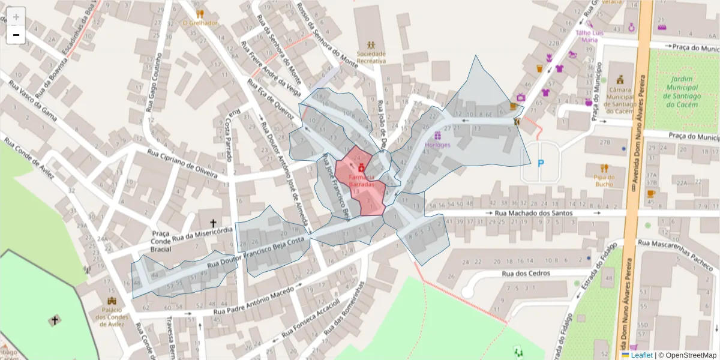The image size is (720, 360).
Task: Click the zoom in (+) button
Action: click(x=16, y=16)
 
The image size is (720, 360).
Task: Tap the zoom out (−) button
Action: click(x=16, y=35)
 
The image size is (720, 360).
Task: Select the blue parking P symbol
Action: click(x=541, y=163)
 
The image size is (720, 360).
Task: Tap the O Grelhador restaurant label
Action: click(x=200, y=23)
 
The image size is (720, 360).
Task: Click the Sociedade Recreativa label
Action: click(x=371, y=57)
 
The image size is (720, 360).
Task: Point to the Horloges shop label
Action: click(x=437, y=145)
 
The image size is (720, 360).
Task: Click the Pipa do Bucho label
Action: click(x=605, y=181)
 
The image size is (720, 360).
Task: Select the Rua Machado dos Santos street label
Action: click(x=530, y=213)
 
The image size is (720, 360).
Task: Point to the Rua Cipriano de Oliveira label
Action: click(x=182, y=162)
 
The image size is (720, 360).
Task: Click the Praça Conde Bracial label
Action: click(x=161, y=241)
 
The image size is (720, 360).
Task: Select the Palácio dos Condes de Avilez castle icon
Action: click(x=112, y=301)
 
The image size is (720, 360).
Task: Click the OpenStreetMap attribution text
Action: click(x=687, y=355)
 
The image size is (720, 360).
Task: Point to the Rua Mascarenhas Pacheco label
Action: click(x=675, y=252)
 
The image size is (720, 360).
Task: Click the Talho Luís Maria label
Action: click(x=587, y=36)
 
